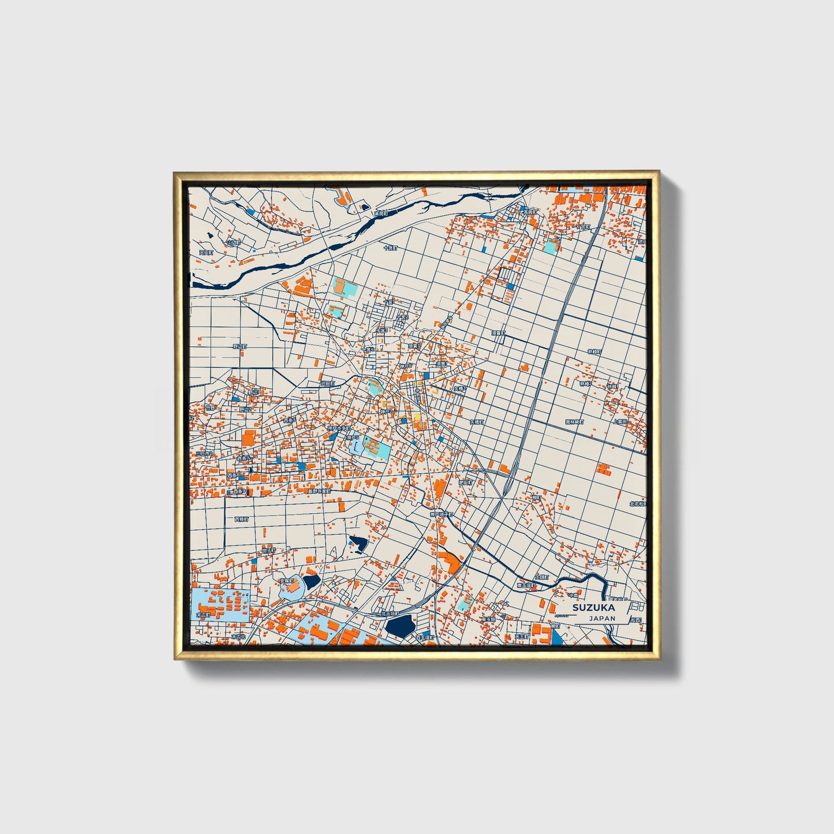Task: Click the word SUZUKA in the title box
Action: click(593, 607)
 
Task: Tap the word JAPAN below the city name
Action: click(602, 618)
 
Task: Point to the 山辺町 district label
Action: click(233, 243)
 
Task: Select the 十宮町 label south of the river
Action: click(390, 248)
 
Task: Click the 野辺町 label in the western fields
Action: click(239, 346)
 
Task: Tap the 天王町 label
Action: click(521, 637)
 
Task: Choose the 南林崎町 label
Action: click(575, 422)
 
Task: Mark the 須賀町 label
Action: click(498, 333)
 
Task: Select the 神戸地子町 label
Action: click(442, 514)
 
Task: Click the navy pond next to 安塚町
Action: click(312, 581)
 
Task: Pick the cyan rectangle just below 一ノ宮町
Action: click(551, 247)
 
